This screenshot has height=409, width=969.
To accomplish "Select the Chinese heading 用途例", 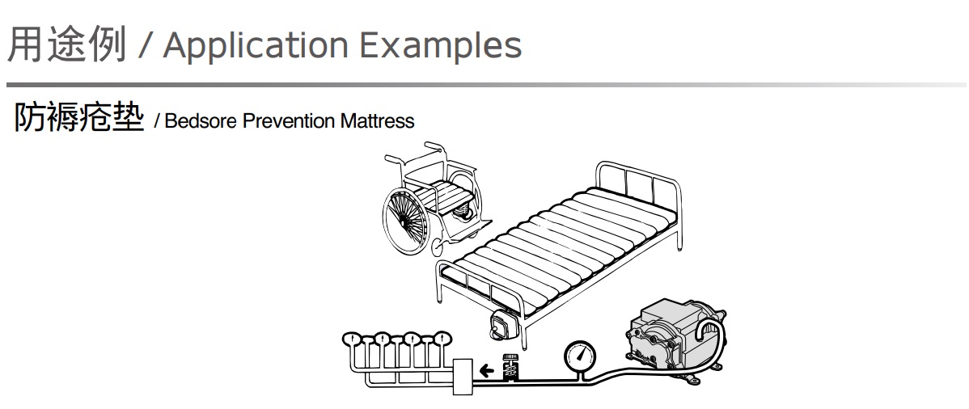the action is (x=67, y=44).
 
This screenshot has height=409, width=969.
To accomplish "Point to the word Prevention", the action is (x=289, y=120).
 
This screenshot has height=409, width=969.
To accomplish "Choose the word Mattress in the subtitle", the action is (x=377, y=120).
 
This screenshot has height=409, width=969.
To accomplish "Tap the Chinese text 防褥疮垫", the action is (x=79, y=117).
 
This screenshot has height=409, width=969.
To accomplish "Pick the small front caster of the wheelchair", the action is (x=437, y=248).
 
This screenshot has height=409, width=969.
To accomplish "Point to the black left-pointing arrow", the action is (x=487, y=371).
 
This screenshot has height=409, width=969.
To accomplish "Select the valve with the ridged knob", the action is (x=510, y=369).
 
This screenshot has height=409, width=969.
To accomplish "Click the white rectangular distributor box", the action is (x=463, y=377).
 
